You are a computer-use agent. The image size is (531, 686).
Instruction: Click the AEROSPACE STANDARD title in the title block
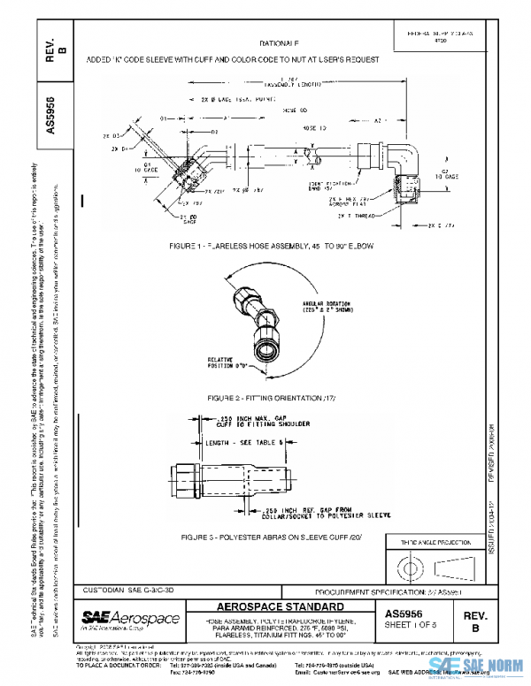pos(281,608)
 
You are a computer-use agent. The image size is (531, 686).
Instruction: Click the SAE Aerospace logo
pos(130,618)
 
